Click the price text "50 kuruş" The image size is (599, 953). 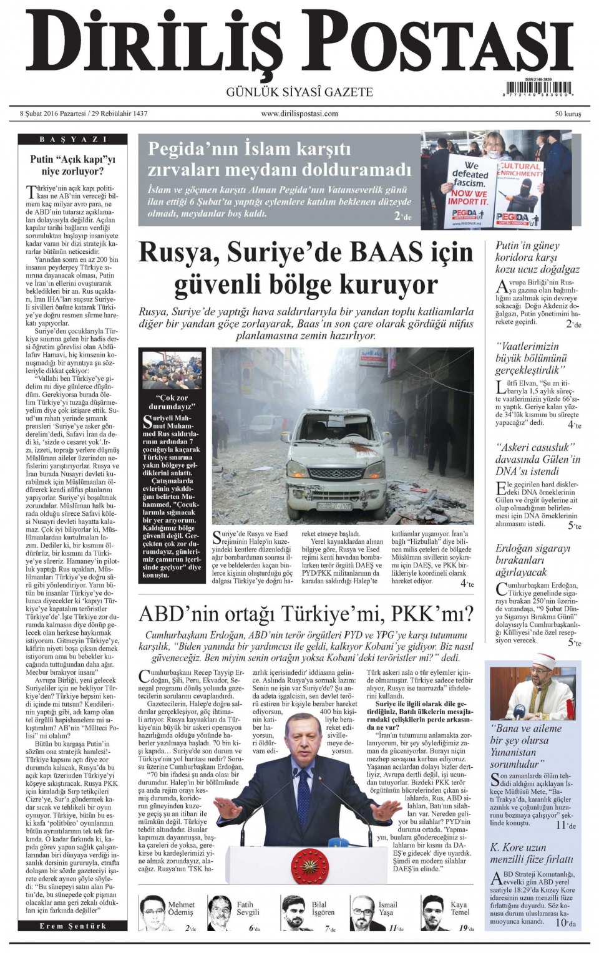(568, 114)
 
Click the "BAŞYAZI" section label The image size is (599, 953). (73, 139)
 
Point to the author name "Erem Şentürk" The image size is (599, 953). (73, 926)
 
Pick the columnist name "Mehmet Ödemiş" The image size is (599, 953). (181, 908)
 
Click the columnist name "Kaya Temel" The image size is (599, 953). (459, 908)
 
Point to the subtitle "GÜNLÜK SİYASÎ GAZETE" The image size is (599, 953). (299, 92)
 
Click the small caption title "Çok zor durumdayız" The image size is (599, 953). (172, 402)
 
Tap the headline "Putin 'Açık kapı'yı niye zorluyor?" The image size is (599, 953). (73, 165)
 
